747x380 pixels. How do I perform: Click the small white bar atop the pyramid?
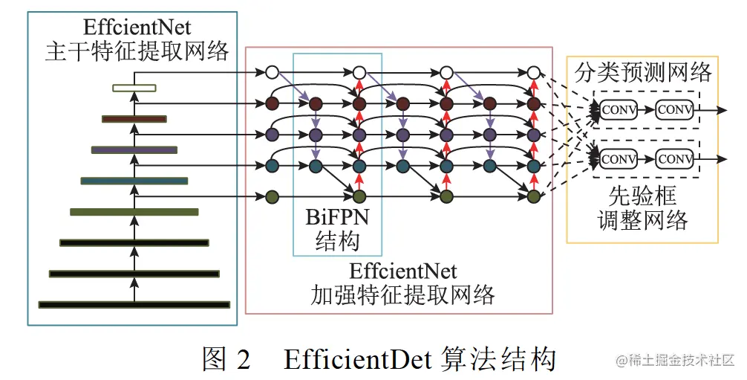click(x=134, y=88)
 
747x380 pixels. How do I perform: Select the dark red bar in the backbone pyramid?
click(x=134, y=118)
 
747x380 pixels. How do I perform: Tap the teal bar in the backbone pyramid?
click(x=134, y=180)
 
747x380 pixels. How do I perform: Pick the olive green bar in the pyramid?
click(x=134, y=212)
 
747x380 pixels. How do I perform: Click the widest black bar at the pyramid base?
click(x=134, y=304)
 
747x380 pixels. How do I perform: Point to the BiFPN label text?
click(x=337, y=218)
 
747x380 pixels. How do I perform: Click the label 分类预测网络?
click(x=643, y=72)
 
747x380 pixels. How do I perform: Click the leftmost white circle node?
click(x=272, y=73)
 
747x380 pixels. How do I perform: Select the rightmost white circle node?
click(x=533, y=73)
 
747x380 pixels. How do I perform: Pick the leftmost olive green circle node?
click(x=272, y=197)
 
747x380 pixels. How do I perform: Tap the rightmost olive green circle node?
click(x=533, y=197)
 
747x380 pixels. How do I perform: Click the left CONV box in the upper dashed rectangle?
click(x=618, y=110)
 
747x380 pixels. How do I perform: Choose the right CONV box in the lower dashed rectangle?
click(x=674, y=158)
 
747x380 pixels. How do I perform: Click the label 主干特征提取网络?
click(x=136, y=52)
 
